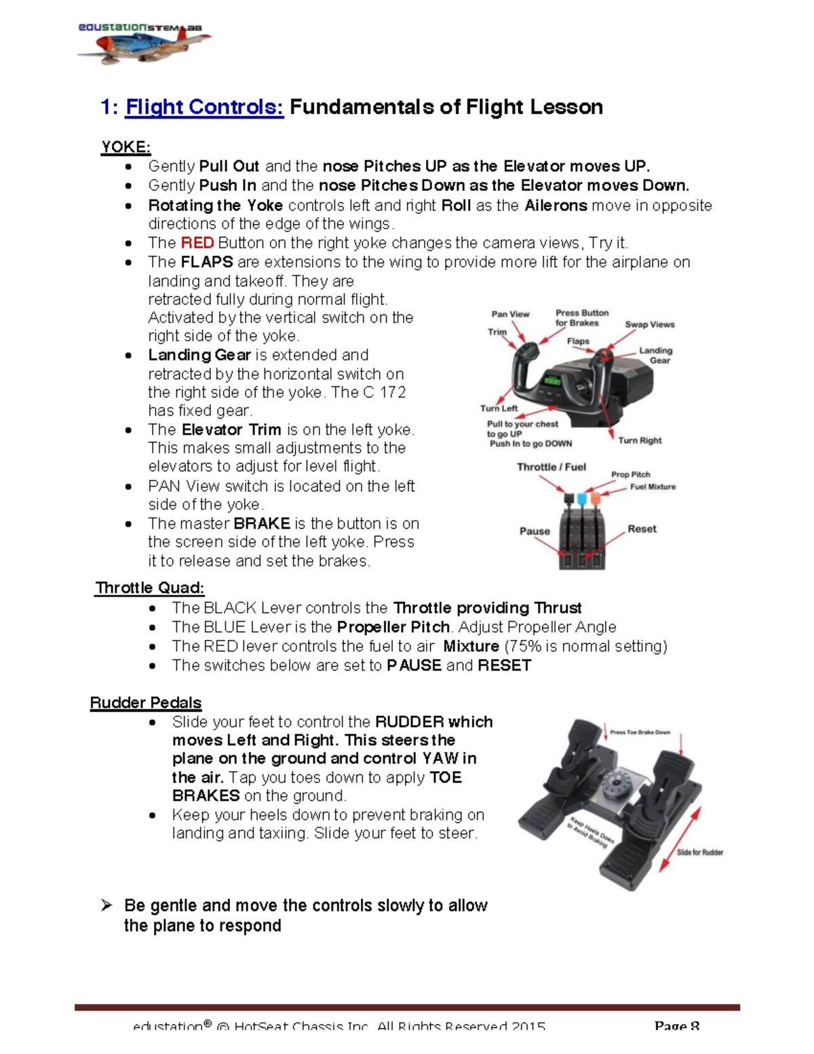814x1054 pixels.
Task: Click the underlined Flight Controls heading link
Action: [204, 107]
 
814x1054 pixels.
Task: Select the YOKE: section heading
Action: [125, 147]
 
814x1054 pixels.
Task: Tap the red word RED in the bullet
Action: [197, 243]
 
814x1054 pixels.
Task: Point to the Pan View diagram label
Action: [510, 314]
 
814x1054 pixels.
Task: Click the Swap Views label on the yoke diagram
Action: [649, 324]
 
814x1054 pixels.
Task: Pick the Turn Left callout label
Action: [499, 409]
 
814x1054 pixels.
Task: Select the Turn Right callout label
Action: [640, 440]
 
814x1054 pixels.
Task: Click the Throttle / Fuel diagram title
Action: [551, 467]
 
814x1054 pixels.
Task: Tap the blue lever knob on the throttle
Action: [581, 500]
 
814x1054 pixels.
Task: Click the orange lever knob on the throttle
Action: [596, 499]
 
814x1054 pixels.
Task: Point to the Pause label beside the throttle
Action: [535, 531]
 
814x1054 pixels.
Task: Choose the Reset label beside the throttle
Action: [642, 529]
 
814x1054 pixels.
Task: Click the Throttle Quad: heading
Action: [150, 588]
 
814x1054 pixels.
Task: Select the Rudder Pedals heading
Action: [146, 702]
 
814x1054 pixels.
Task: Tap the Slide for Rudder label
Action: [700, 852]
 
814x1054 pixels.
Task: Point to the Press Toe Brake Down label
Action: [640, 732]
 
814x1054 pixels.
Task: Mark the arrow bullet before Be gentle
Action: [106, 905]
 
